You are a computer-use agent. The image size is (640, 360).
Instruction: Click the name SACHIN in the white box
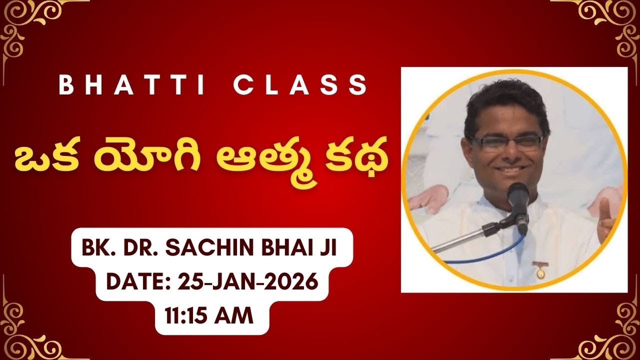tap(214, 248)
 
